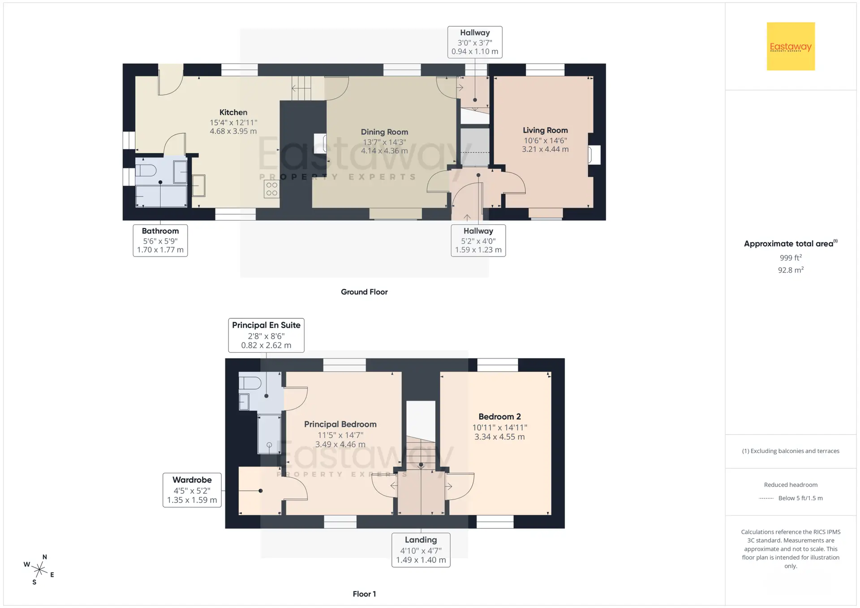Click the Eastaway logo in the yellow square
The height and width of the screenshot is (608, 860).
point(791,46)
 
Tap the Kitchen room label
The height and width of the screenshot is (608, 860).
point(233,112)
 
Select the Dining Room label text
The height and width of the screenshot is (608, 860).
point(384,132)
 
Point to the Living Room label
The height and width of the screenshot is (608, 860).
point(545,130)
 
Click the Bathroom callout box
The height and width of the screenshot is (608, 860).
point(160,240)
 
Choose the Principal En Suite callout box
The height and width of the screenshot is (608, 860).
point(266,335)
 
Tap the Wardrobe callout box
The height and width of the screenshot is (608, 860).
point(192,490)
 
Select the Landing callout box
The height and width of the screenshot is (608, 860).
point(421,550)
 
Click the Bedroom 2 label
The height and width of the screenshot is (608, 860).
point(499,417)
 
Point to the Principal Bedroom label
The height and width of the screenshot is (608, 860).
point(340,424)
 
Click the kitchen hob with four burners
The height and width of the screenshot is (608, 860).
point(272,189)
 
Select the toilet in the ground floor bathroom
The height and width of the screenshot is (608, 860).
point(146,170)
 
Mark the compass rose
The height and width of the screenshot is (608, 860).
point(39,569)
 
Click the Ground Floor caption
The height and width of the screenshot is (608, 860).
point(364,292)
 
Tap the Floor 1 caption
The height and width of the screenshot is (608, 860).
point(364,594)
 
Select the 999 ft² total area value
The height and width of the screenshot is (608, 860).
point(791,257)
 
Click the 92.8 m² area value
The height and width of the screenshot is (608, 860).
point(791,270)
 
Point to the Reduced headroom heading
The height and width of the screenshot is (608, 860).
point(791,485)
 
